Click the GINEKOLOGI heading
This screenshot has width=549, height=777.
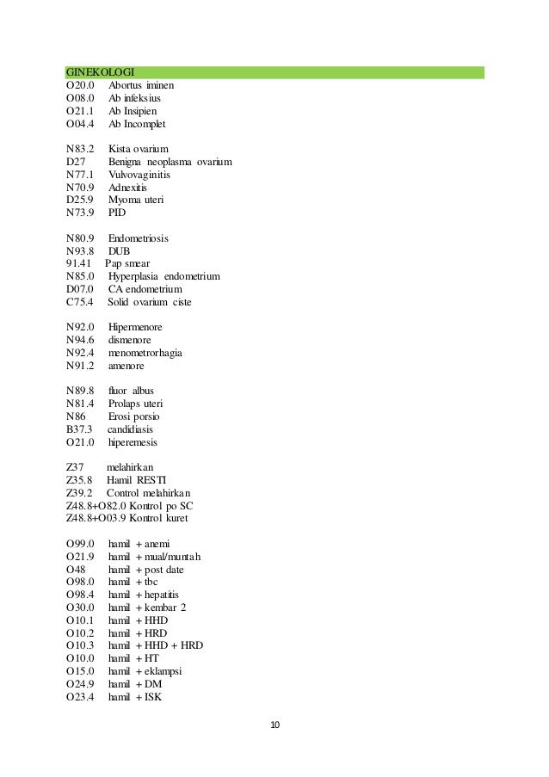pyautogui.click(x=104, y=72)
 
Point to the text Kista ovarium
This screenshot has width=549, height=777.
pyautogui.click(x=139, y=149)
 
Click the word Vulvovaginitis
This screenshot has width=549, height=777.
pyautogui.click(x=139, y=174)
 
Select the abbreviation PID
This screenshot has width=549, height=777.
pyautogui.click(x=117, y=213)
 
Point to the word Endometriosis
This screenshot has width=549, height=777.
pyautogui.click(x=139, y=237)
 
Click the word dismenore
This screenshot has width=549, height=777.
pyautogui.click(x=129, y=340)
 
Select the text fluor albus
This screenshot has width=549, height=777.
pyautogui.click(x=131, y=391)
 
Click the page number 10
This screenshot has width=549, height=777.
pyautogui.click(x=274, y=725)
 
